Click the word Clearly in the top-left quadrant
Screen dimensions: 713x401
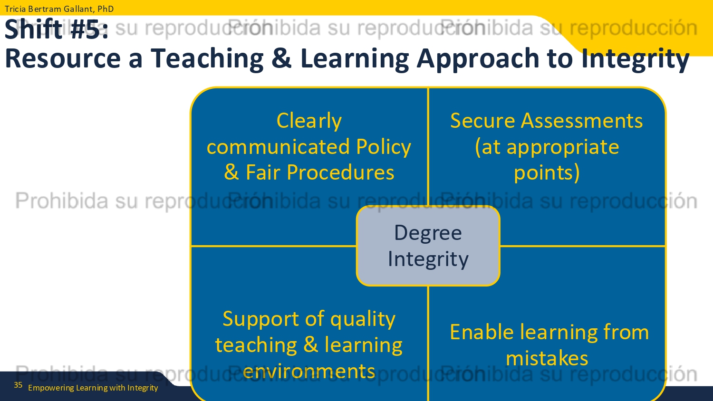click(309, 121)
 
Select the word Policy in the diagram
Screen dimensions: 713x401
click(384, 147)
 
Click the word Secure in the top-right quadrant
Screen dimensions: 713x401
click(482, 121)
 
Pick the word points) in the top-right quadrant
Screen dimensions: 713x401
click(547, 173)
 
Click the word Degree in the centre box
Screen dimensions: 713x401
click(428, 233)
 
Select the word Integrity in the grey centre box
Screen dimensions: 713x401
click(428, 259)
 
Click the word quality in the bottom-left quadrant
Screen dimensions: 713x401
click(363, 319)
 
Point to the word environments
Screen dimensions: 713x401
click(309, 372)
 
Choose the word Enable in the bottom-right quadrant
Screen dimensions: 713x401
click(482, 332)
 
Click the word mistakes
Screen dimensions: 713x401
click(547, 358)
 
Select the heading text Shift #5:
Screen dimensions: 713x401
click(57, 29)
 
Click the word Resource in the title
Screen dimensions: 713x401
click(63, 58)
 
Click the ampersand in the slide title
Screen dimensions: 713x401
click(282, 58)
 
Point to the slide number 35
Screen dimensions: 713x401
click(18, 385)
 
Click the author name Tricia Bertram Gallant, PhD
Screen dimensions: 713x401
click(59, 9)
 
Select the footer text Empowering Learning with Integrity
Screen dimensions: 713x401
click(93, 388)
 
